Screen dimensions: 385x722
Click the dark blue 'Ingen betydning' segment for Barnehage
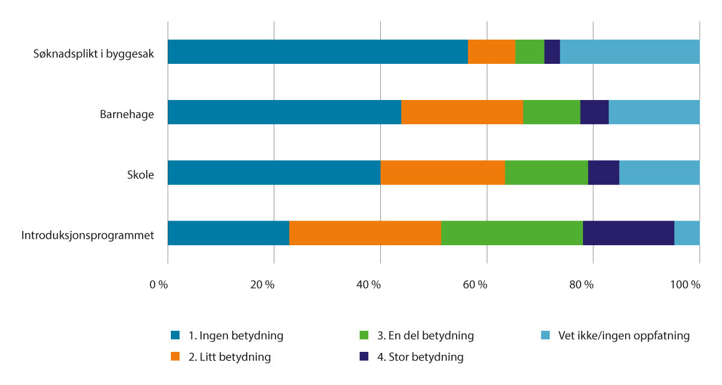[x=284, y=112]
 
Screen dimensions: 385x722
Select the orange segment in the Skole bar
[x=442, y=172]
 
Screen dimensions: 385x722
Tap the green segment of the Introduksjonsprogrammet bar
[x=512, y=233]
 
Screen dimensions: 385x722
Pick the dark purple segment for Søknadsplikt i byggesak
[x=552, y=52]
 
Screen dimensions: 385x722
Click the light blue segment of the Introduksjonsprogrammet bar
[x=687, y=233]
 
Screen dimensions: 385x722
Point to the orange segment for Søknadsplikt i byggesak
[x=492, y=52]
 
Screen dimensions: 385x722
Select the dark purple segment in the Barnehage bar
[x=594, y=112]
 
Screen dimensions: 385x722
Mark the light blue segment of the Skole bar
[x=659, y=172]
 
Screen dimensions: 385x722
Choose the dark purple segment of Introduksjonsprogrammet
[x=628, y=233]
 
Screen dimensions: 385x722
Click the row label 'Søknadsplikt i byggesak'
[x=94, y=54]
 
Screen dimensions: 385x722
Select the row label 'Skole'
[x=140, y=175]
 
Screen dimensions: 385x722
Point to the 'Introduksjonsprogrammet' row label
[x=88, y=235]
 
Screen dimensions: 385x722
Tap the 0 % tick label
[x=159, y=284]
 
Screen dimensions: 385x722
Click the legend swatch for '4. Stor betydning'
[x=363, y=357]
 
